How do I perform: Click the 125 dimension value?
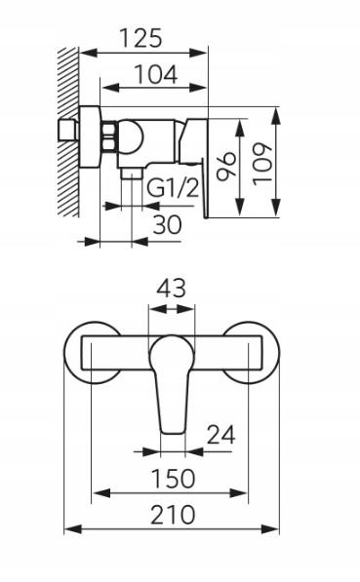(x=140, y=38)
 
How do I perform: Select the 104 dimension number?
(x=156, y=74)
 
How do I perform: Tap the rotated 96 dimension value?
(x=226, y=166)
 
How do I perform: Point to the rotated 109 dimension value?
(x=262, y=164)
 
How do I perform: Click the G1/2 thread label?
(x=173, y=188)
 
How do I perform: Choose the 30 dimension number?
(x=168, y=224)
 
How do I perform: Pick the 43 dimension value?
(x=172, y=289)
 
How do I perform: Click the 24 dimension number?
(x=221, y=435)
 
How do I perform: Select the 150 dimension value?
(x=174, y=479)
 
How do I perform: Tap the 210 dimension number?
(x=173, y=515)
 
